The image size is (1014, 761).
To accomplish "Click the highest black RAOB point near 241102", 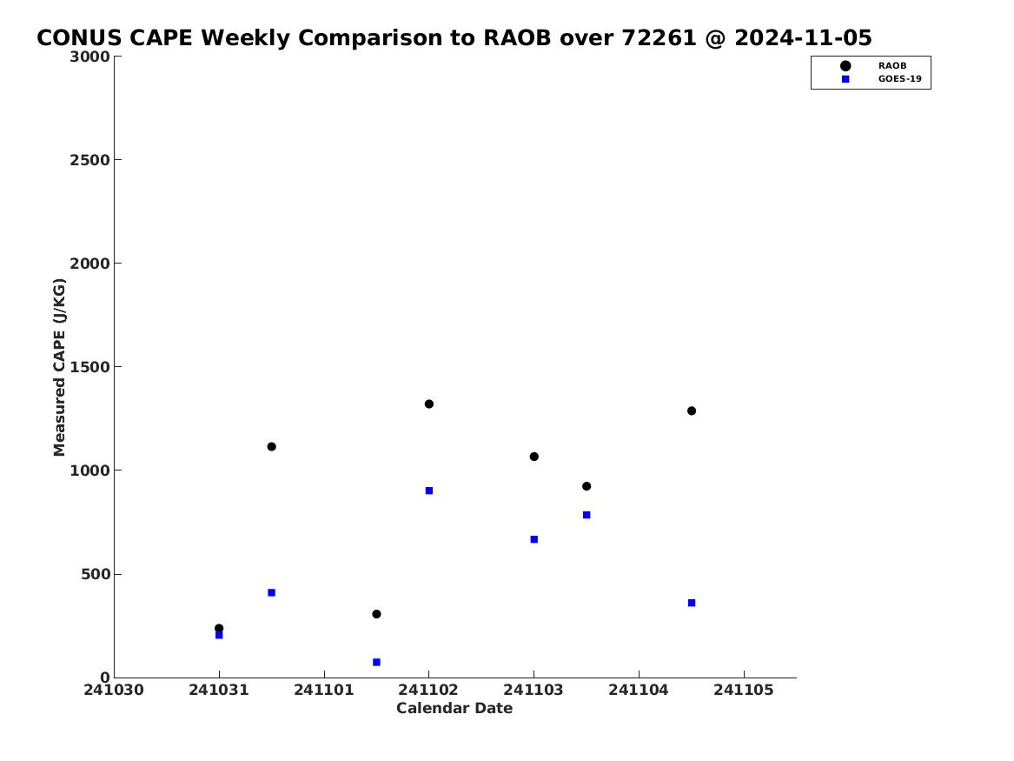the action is pyautogui.click(x=428, y=404).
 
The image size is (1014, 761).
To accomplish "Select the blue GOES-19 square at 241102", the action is pyautogui.click(x=428, y=491).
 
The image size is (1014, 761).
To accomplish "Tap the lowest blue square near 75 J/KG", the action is pyautogui.click(x=376, y=662).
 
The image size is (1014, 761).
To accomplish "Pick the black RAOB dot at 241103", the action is pyautogui.click(x=534, y=457).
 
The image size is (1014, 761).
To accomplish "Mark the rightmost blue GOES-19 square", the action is pyautogui.click(x=692, y=603).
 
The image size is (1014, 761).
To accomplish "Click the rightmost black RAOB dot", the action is pyautogui.click(x=692, y=411).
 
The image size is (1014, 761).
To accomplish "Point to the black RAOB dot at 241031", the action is pyautogui.click(x=219, y=628).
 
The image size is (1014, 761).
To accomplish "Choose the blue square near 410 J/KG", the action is pyautogui.click(x=272, y=592).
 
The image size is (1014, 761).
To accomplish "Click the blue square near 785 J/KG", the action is pyautogui.click(x=587, y=515).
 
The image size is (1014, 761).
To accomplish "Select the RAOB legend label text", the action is pyautogui.click(x=891, y=65).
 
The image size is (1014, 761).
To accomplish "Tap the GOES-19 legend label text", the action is pyautogui.click(x=899, y=79).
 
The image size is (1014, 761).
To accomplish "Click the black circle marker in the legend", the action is pyautogui.click(x=845, y=65).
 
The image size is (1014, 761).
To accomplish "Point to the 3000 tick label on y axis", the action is pyautogui.click(x=89, y=57).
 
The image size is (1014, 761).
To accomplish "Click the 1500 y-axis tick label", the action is pyautogui.click(x=89, y=367).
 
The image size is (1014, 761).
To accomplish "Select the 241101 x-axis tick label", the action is pyautogui.click(x=324, y=690).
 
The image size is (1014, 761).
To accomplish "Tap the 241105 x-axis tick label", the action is pyautogui.click(x=744, y=690).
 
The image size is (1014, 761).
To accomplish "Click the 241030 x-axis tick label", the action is pyautogui.click(x=114, y=690).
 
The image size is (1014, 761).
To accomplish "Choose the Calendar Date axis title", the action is pyautogui.click(x=454, y=708).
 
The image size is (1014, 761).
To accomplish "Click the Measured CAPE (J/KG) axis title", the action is pyautogui.click(x=59, y=367).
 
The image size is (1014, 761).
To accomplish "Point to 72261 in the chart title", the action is pyautogui.click(x=659, y=37).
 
